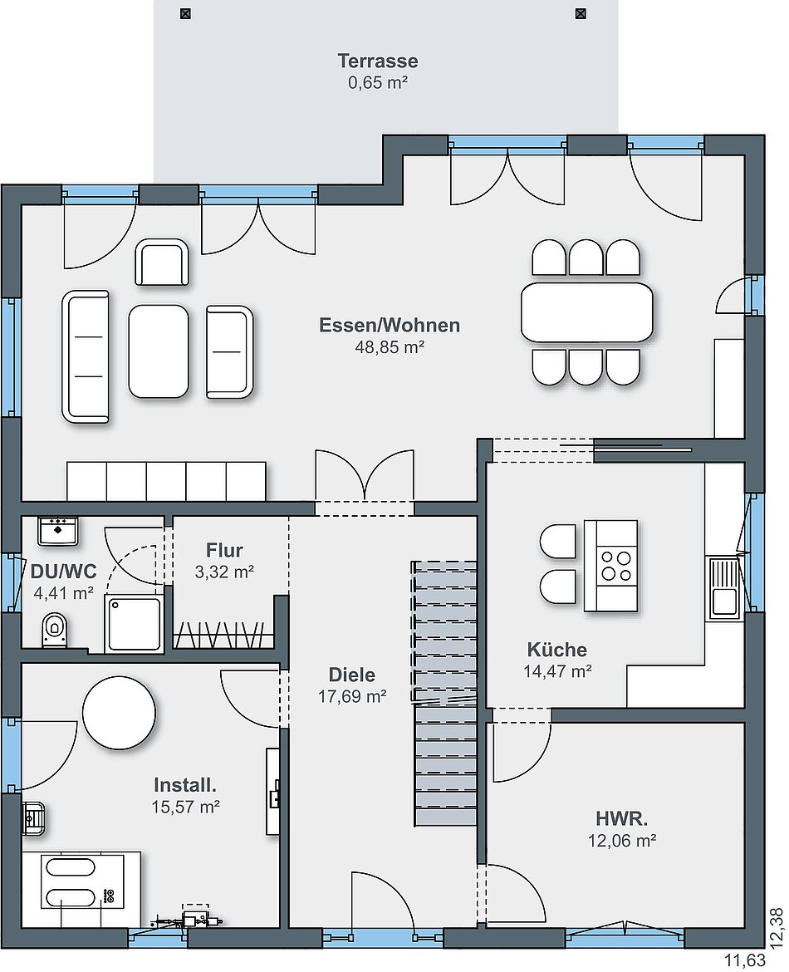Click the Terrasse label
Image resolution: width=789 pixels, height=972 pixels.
[x=377, y=61]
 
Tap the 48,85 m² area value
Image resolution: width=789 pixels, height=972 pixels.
[x=390, y=347]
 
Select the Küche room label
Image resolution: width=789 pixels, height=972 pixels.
[x=556, y=650]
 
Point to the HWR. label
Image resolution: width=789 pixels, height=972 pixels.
[x=622, y=819]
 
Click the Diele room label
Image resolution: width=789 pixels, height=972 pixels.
[x=352, y=675]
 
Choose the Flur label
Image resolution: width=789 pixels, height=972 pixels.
[x=224, y=550]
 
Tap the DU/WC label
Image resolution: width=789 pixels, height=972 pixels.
[x=63, y=571]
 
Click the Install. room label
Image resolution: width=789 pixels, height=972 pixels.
[x=185, y=785]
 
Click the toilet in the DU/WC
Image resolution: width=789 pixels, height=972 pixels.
[x=55, y=630]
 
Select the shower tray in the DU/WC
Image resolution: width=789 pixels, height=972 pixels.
[x=134, y=623]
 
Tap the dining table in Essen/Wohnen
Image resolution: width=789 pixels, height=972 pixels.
[x=587, y=312]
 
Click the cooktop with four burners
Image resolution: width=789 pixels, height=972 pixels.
[x=616, y=566]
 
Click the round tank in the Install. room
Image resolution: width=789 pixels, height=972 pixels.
[x=119, y=712]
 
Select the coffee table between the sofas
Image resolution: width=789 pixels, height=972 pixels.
[x=159, y=351]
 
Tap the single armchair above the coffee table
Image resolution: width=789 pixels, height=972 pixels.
[x=162, y=263]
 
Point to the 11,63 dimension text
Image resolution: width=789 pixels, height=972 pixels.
[x=745, y=961]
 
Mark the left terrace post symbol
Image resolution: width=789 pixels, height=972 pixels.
[x=185, y=13]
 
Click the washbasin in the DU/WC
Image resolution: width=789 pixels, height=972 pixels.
[x=57, y=531]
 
